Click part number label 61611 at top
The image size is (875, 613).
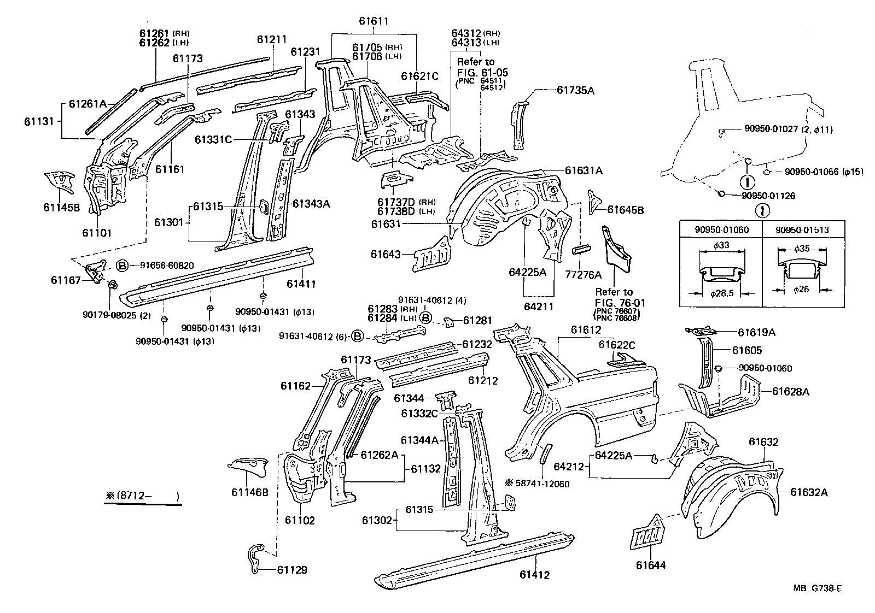374,21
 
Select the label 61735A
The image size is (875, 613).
575,91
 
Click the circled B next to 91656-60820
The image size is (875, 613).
122,266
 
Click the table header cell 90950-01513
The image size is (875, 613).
802,230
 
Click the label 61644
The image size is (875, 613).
651,565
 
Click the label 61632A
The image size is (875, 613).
809,492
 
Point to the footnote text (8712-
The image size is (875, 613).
142,497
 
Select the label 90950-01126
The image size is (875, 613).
761,196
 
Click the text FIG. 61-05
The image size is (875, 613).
475,72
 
